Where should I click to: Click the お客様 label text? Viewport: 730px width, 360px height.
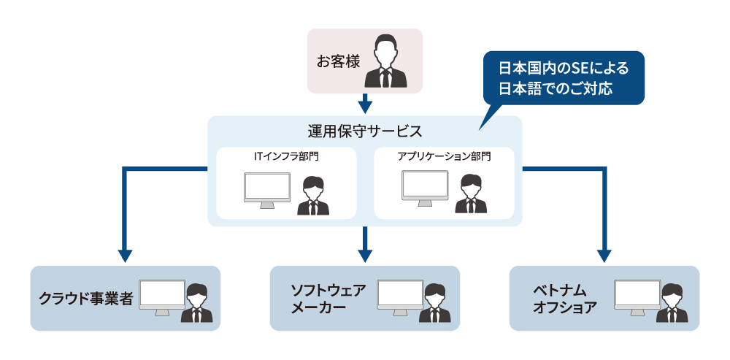338,62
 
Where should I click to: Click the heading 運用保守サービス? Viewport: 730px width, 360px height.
365,131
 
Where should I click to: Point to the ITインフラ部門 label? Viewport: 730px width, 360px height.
286,156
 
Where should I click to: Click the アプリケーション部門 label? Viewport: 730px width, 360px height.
444,156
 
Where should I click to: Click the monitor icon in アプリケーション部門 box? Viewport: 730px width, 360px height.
425,188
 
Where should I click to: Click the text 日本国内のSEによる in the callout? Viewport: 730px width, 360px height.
562,69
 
